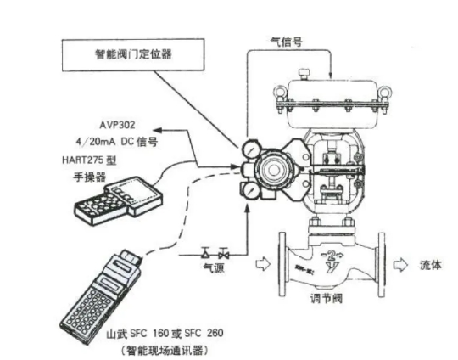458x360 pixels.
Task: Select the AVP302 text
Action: (x=109, y=121)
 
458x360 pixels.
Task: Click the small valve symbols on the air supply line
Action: (x=215, y=252)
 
